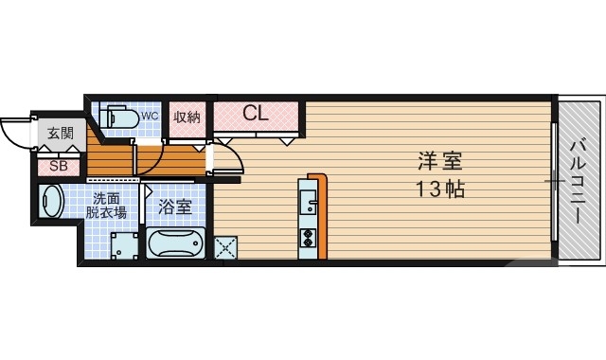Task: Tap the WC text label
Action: [150, 117]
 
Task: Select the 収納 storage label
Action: [187, 117]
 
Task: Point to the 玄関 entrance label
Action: [60, 134]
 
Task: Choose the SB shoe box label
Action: [58, 165]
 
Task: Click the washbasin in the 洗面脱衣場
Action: [53, 202]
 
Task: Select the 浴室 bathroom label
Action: [175, 206]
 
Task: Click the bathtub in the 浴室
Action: [176, 244]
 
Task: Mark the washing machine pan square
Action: [123, 245]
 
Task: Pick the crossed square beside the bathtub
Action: [228, 247]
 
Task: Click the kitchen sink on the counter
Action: [309, 201]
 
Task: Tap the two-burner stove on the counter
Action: [309, 238]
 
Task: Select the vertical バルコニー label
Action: [577, 180]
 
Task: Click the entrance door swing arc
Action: [14, 131]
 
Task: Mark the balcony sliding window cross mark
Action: [552, 179]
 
